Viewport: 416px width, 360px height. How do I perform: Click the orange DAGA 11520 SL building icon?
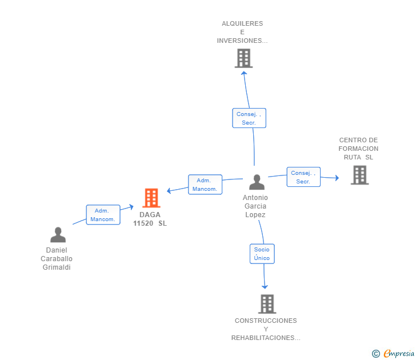(x=151, y=198)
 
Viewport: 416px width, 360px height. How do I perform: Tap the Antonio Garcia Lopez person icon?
(x=257, y=182)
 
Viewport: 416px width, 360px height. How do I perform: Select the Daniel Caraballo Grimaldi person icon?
(x=58, y=235)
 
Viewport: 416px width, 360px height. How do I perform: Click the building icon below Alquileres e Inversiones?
(x=243, y=58)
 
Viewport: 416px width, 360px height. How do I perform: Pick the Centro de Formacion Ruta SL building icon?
(x=360, y=175)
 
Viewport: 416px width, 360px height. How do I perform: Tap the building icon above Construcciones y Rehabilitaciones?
(x=267, y=304)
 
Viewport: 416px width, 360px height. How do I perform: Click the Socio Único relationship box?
(x=262, y=254)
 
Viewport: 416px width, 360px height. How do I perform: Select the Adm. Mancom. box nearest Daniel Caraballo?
(x=103, y=215)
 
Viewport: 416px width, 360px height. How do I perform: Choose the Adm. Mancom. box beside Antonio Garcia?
(x=205, y=185)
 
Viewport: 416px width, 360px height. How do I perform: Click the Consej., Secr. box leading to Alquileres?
(x=249, y=118)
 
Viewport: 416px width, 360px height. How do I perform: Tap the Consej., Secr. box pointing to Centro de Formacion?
(x=303, y=177)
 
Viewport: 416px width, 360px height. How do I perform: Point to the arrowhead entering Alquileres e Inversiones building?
(x=244, y=73)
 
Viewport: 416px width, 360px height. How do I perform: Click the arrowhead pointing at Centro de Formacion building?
(x=337, y=178)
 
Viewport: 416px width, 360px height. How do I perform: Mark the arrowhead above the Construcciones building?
(x=265, y=287)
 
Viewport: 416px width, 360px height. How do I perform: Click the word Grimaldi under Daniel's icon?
(x=57, y=267)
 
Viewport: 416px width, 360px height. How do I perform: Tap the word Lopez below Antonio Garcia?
(x=255, y=215)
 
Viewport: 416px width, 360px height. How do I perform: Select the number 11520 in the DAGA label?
(x=143, y=223)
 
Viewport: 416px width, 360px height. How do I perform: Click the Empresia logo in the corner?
(x=393, y=353)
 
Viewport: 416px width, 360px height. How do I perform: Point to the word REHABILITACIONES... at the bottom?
(x=266, y=338)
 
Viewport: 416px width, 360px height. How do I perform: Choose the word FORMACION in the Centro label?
(x=358, y=149)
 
